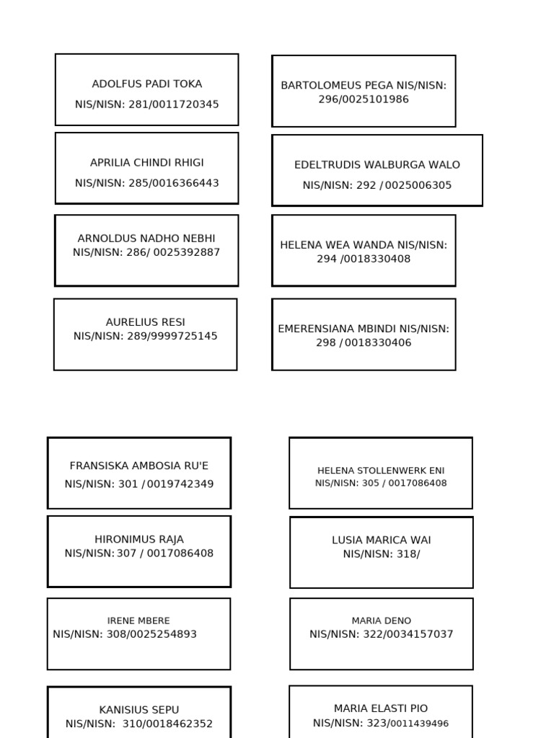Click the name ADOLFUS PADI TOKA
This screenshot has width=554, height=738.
147,84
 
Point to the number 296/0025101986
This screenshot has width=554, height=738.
364,99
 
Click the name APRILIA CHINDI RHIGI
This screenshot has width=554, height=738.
147,162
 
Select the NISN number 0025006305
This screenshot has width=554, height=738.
418,185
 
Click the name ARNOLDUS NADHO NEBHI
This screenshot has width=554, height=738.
146,238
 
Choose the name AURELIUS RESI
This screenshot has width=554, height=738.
146,322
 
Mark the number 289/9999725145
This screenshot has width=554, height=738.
172,336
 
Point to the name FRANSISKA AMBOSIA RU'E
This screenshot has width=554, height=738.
139,466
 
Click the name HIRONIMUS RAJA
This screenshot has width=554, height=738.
139,539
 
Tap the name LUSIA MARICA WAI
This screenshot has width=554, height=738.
382,540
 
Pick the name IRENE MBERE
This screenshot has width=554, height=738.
138,621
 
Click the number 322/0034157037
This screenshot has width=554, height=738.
408,634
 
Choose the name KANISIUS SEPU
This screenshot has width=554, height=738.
139,709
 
